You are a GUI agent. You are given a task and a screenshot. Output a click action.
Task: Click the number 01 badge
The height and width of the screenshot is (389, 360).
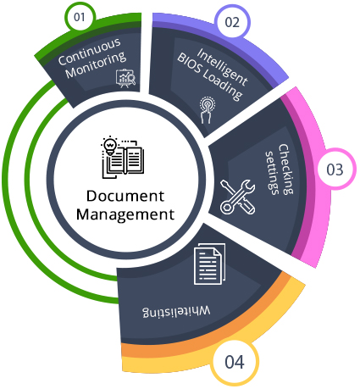point(80,17)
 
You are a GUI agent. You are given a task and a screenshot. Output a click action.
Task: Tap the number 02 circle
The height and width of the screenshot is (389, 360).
point(232,22)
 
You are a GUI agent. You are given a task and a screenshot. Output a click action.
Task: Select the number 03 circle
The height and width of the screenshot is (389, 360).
point(335,169)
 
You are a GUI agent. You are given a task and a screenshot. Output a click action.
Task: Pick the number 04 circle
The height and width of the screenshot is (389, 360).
point(235,362)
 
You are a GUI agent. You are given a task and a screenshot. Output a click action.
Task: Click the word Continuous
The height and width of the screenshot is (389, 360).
point(90,52)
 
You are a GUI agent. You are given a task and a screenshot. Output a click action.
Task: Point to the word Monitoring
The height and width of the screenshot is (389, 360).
point(96,65)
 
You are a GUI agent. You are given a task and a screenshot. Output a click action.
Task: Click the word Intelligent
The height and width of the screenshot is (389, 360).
point(223,67)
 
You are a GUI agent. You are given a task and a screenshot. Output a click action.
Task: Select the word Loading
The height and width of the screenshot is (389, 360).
point(223,85)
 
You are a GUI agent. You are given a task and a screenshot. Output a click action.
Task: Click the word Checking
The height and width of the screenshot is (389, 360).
point(286,169)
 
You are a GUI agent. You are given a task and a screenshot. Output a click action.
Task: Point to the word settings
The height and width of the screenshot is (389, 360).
point(273,173)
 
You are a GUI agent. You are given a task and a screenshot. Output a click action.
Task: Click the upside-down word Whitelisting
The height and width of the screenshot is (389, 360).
point(176,311)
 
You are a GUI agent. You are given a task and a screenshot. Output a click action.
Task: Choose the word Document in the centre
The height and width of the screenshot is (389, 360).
point(125,197)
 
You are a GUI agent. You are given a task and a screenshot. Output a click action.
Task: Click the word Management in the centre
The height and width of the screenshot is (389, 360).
point(125,214)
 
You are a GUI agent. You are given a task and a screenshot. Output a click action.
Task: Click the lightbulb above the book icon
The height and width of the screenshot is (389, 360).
point(110,146)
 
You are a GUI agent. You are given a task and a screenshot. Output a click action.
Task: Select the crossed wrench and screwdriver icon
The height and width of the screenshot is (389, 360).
point(237,197)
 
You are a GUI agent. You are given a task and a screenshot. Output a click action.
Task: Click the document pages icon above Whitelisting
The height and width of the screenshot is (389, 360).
point(209,264)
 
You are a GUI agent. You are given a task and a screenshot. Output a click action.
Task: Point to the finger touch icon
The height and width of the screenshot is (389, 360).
point(207,110)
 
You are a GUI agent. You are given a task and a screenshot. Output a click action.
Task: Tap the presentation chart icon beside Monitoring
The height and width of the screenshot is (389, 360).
point(126,78)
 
